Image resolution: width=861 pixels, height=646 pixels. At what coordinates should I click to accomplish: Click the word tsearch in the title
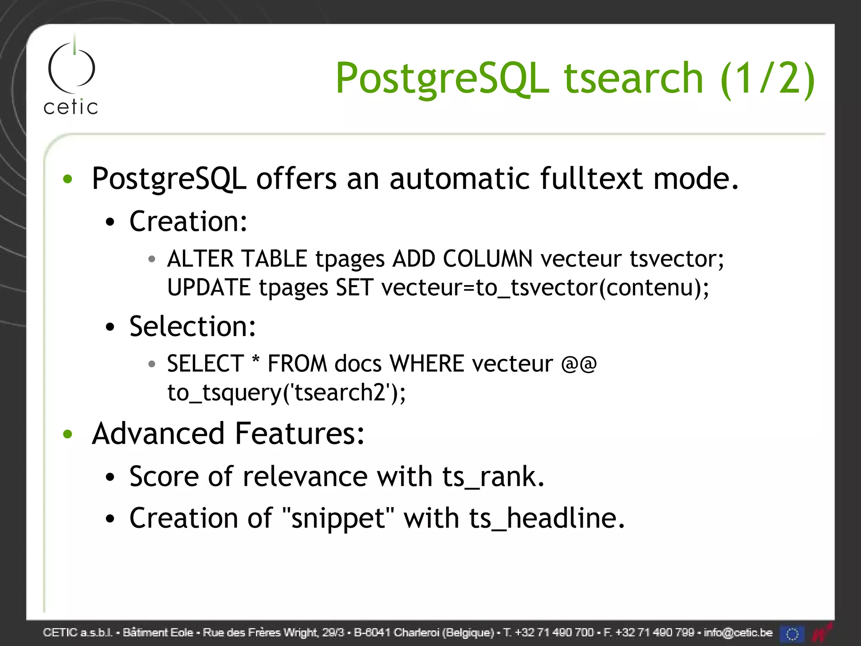(633, 78)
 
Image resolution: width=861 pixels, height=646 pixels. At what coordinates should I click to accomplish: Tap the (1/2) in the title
(768, 79)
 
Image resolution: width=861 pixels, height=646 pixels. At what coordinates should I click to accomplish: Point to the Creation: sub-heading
(188, 222)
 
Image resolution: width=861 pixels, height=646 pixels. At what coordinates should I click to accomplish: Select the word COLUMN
(488, 259)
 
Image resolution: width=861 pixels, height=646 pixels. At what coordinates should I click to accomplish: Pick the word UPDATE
(209, 288)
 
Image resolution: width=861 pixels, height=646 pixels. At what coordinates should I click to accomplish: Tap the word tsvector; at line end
(677, 259)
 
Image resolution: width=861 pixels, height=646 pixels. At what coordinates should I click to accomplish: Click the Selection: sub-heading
(193, 327)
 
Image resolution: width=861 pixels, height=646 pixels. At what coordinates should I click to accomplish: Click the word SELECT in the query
(205, 364)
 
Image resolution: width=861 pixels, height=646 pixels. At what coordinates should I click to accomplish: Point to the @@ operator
(579, 364)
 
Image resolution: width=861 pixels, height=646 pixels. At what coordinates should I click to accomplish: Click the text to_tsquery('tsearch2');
(286, 393)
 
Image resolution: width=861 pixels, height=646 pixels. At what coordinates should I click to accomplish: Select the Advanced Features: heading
(228, 434)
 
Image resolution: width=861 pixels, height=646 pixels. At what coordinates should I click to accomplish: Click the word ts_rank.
(493, 477)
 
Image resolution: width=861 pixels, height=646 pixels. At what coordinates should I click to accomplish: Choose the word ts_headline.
(547, 518)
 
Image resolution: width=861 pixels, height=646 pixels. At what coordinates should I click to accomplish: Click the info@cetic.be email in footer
(738, 633)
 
